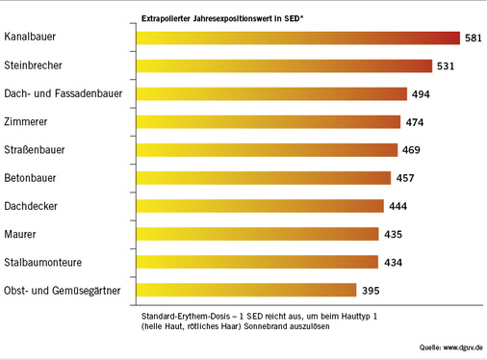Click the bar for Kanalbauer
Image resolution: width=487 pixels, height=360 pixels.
click(298, 39)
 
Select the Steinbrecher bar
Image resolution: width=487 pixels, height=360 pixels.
click(284, 66)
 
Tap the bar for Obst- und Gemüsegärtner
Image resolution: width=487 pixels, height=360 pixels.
click(246, 290)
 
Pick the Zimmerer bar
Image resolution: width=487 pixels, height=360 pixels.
click(269, 122)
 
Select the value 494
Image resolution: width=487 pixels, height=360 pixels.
click(420, 94)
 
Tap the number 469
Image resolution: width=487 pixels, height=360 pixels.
click(409, 150)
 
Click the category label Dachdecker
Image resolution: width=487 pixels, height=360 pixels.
click(32, 206)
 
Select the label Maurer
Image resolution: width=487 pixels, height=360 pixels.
click(20, 234)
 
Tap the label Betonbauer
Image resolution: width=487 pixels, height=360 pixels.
click(32, 178)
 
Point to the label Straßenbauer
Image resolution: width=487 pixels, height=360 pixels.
click(38, 150)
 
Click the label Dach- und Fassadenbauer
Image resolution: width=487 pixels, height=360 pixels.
click(64, 94)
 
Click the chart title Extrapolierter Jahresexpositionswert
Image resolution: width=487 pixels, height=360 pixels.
click(221, 17)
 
